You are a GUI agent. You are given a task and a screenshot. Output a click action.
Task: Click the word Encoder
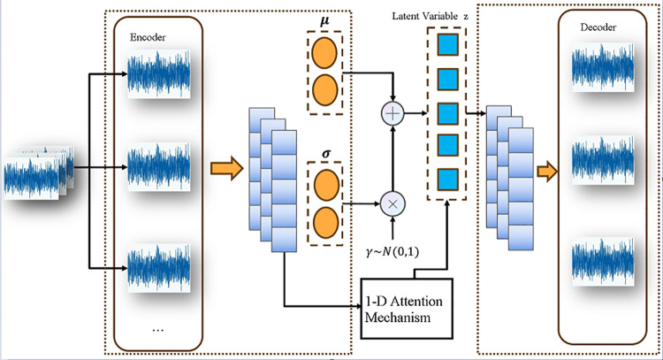pyautogui.click(x=148, y=37)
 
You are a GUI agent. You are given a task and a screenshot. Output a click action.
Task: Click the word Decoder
pyautogui.click(x=598, y=27)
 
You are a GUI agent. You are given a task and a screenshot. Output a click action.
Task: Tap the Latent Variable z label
pyautogui.click(x=430, y=16)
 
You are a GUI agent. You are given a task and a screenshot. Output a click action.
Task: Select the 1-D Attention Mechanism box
pyautogui.click(x=407, y=309)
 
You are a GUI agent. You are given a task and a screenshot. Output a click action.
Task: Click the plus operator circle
pyautogui.click(x=392, y=114)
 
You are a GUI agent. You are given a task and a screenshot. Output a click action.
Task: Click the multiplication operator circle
pyautogui.click(x=392, y=204)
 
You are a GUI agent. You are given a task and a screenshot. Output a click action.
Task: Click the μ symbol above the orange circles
pyautogui.click(x=324, y=21)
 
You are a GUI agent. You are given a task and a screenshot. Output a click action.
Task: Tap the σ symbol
pyautogui.click(x=326, y=154)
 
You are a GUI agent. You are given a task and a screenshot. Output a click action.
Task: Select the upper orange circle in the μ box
pyautogui.click(x=324, y=54)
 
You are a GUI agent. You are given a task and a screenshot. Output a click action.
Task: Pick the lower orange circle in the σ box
pyautogui.click(x=325, y=223)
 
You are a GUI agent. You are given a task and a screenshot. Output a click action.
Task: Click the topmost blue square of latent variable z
pyautogui.click(x=448, y=45)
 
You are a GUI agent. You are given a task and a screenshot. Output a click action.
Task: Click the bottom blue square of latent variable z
pyautogui.click(x=448, y=180)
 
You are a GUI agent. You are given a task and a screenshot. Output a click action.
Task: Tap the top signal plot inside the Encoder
pyautogui.click(x=159, y=74)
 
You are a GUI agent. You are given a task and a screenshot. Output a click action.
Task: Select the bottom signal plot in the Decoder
pyautogui.click(x=604, y=261)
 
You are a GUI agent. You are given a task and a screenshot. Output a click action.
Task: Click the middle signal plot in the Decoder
pyautogui.click(x=604, y=160)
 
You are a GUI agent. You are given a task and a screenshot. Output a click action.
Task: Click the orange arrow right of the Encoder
pyautogui.click(x=227, y=168)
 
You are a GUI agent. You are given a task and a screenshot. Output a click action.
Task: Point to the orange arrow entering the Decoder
pyautogui.click(x=547, y=172)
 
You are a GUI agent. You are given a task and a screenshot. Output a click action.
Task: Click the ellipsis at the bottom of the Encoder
pyautogui.click(x=157, y=330)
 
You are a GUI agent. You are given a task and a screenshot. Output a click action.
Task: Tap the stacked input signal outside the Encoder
pyautogui.click(x=39, y=172)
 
